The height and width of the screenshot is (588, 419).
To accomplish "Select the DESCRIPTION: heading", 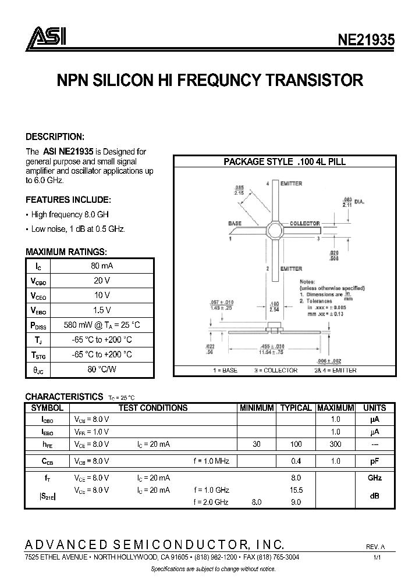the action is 55,137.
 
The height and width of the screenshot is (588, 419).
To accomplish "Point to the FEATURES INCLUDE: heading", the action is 68,199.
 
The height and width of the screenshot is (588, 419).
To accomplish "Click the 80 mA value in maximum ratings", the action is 102,266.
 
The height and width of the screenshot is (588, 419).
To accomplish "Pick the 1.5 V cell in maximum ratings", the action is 102,310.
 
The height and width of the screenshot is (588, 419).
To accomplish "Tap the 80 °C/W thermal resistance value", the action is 102,368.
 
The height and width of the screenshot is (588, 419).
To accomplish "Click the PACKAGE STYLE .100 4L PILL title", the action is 285,162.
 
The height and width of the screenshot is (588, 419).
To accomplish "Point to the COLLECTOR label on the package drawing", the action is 304,224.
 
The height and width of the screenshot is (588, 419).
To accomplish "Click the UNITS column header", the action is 374,408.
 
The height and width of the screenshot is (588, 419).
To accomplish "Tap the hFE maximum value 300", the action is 335,444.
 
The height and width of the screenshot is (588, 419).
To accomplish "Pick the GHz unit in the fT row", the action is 374,478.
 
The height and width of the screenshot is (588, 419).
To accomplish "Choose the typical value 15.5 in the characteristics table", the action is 296,490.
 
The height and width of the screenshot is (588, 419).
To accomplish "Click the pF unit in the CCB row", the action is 374,461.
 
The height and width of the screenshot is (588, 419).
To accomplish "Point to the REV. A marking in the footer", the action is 375,547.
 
